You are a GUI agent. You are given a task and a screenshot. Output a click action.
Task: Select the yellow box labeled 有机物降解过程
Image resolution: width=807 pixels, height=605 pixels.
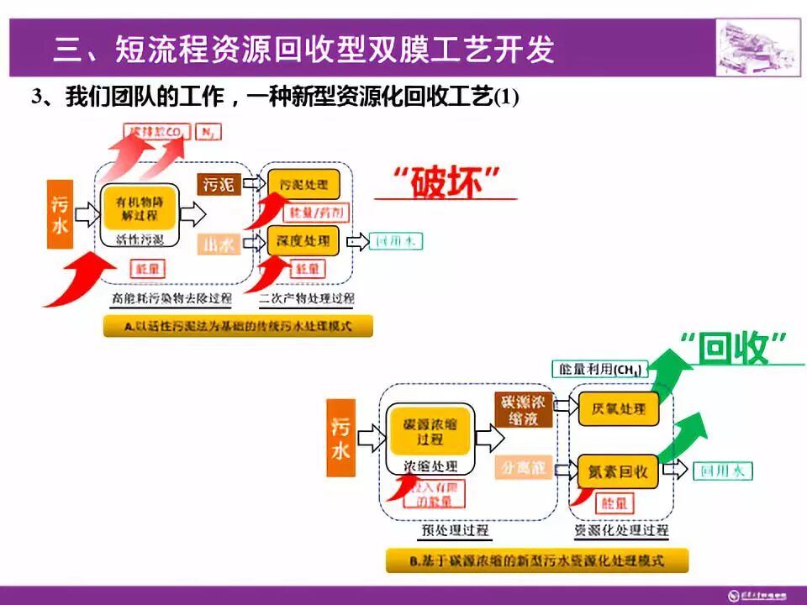[140, 207]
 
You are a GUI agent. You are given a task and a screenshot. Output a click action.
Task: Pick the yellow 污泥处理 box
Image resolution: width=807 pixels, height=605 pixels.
[303, 183]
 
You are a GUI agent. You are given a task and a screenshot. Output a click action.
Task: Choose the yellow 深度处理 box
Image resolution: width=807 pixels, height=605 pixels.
[303, 241]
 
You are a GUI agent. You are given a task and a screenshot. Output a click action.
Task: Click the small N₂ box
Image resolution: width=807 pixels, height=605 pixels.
[205, 132]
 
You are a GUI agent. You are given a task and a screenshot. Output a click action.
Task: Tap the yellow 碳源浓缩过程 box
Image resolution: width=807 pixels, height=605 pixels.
[430, 431]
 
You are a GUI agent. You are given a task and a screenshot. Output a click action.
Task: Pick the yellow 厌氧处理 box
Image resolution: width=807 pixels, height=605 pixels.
[618, 408]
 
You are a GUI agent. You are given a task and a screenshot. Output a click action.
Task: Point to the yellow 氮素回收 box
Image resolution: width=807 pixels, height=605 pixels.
[618, 472]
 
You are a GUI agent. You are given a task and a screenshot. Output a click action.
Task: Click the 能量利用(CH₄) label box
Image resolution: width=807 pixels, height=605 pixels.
[599, 369]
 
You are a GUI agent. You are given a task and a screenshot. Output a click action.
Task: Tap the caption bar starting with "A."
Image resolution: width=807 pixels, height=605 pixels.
[238, 325]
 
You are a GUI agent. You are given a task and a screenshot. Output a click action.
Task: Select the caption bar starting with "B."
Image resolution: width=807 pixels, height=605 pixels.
[536, 560]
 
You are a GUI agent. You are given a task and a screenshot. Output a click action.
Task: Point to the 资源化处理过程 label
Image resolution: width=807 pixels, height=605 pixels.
[621, 531]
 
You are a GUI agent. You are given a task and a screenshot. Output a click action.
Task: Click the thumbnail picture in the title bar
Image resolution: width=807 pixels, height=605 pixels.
[757, 46]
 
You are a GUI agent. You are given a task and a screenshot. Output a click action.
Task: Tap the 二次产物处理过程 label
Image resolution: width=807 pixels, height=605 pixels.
[307, 298]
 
